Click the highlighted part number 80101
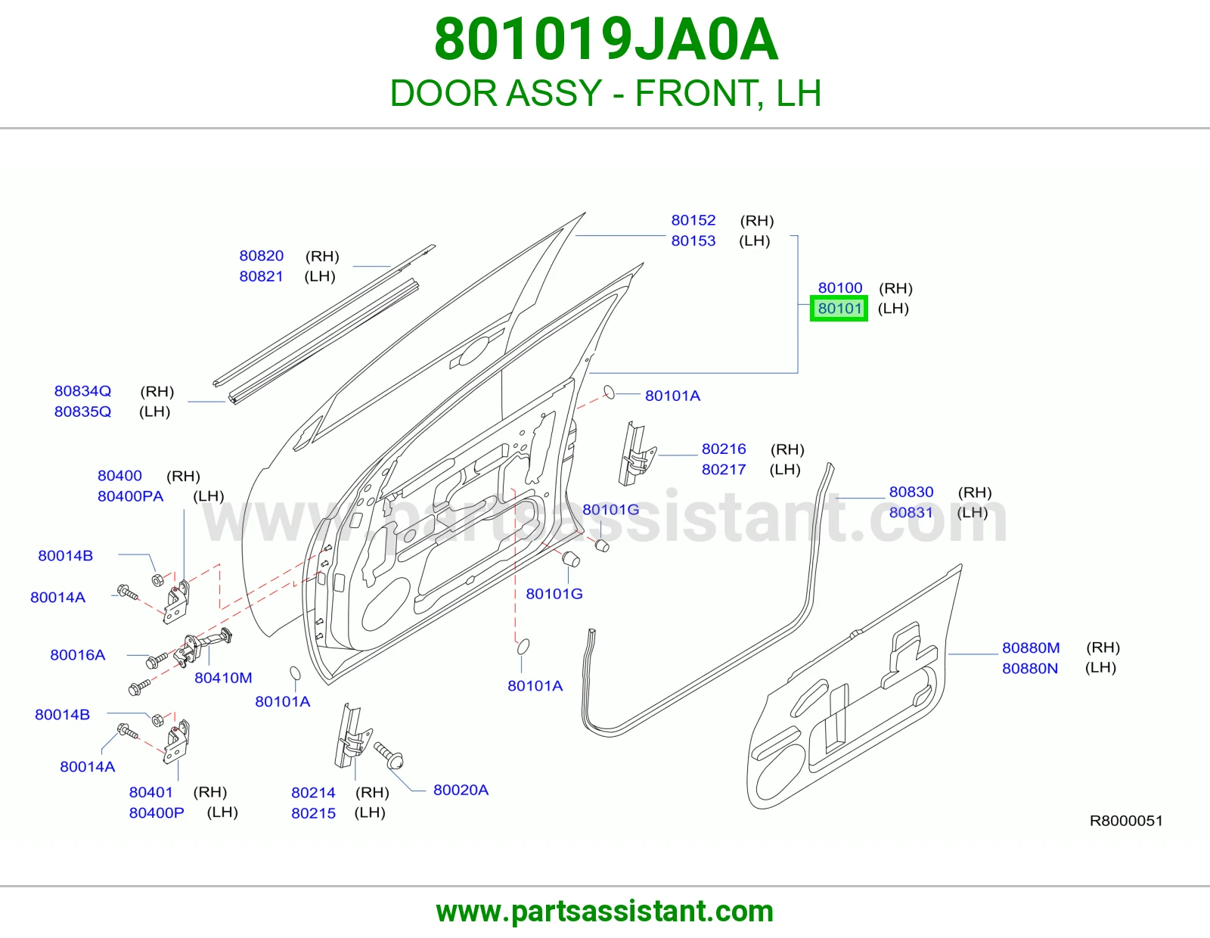(x=839, y=308)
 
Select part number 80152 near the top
(x=693, y=220)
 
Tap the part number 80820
(x=261, y=256)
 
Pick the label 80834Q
(x=82, y=391)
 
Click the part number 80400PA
(x=130, y=495)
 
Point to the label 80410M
(x=223, y=677)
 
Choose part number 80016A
(x=77, y=654)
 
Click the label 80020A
(x=461, y=790)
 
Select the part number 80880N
(x=1029, y=668)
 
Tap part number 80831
(x=911, y=512)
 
